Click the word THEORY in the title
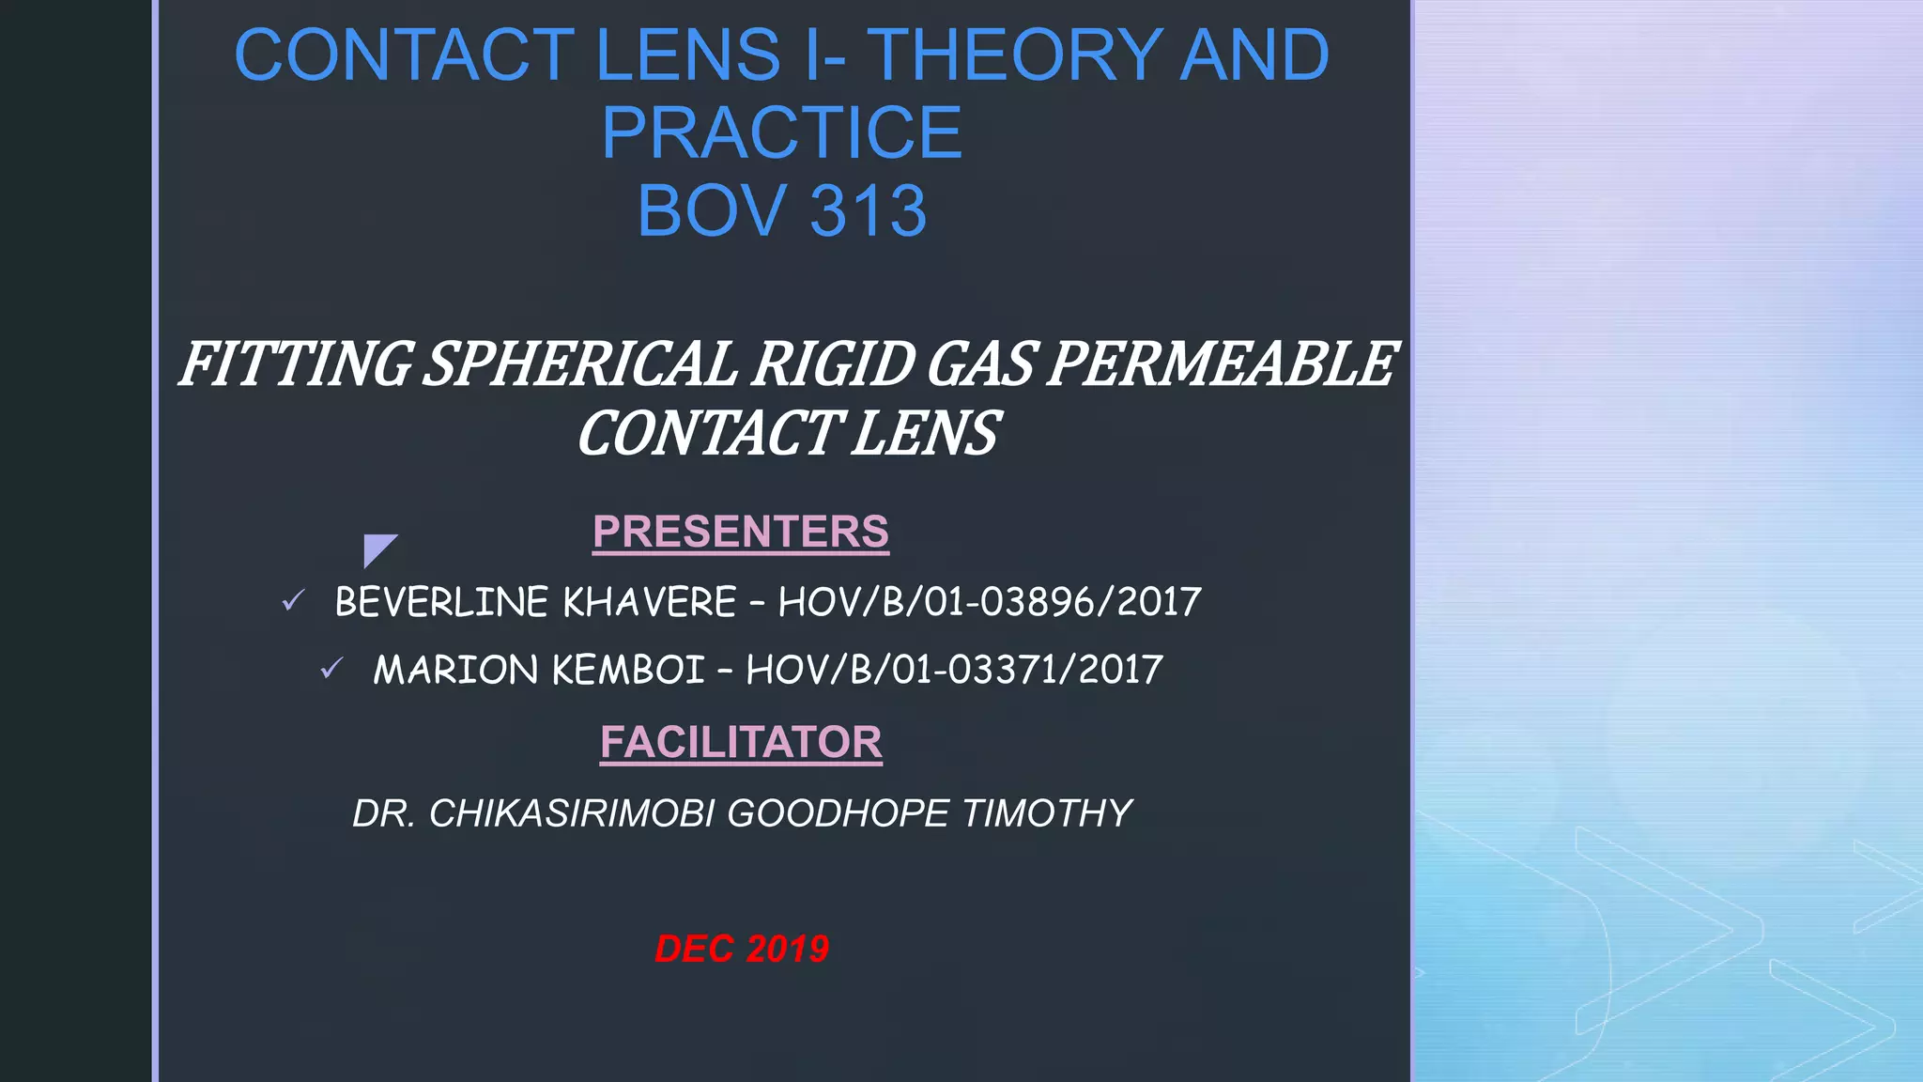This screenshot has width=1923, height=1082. (1014, 54)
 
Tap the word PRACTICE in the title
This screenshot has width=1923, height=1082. (782, 132)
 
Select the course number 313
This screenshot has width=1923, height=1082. (868, 210)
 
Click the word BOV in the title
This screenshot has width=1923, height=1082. (712, 210)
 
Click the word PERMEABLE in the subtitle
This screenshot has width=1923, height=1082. (1222, 364)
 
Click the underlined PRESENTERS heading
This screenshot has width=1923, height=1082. (741, 532)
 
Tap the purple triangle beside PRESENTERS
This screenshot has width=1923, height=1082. (377, 549)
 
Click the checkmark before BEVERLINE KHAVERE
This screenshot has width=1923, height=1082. (294, 600)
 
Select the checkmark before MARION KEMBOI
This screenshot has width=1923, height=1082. (331, 668)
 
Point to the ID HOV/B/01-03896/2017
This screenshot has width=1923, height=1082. (990, 602)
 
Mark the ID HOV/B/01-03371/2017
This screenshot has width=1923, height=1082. (954, 670)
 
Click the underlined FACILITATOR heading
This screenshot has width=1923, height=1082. (741, 742)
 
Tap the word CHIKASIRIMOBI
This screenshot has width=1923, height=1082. (572, 813)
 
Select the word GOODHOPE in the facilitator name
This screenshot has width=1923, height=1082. (838, 813)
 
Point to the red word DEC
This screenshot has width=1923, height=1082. (694, 949)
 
